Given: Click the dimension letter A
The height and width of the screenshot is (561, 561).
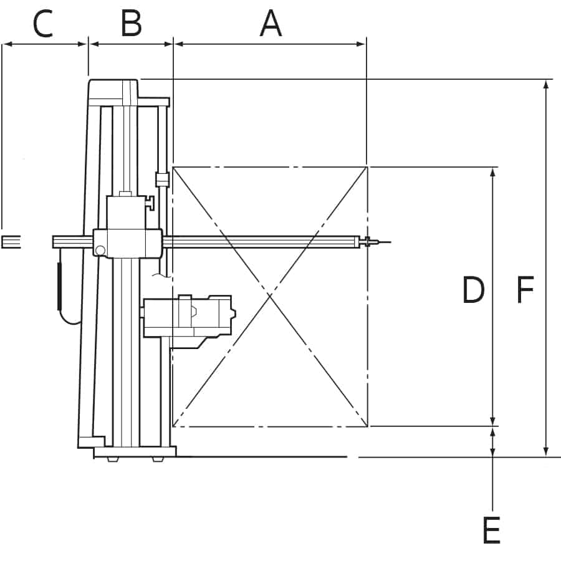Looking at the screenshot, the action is tap(271, 24).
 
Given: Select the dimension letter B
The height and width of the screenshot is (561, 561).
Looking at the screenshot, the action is tap(132, 24).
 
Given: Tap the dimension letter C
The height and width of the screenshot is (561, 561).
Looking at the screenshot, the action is tap(43, 24).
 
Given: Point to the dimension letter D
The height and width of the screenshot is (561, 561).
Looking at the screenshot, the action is tap(473, 289).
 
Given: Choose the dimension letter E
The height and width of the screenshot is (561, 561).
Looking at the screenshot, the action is tap(492, 530).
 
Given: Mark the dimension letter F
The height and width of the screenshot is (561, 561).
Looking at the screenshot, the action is tap(525, 289).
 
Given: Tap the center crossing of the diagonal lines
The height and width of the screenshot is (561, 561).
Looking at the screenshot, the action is tap(270, 295).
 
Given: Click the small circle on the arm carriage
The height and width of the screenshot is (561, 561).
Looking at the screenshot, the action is tap(100, 251).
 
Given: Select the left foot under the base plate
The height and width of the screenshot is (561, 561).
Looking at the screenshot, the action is tap(113, 459).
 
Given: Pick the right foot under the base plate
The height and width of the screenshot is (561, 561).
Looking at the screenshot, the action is tap(158, 459).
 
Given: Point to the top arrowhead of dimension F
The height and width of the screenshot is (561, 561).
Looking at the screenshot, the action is tap(545, 84).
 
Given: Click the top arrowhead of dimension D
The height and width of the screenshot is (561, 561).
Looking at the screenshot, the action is tap(492, 172).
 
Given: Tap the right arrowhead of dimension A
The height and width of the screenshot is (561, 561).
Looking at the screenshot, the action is tap(361, 44).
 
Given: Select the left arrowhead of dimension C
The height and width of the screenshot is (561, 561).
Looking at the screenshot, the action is tap(7, 44).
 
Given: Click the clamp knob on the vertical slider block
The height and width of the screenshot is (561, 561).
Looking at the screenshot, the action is tap(150, 203).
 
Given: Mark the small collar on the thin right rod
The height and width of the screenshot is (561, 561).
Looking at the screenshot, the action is tap(162, 180).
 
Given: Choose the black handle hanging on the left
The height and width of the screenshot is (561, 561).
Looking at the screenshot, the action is tap(59, 286).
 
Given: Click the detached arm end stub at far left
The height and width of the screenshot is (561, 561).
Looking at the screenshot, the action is tap(11, 242).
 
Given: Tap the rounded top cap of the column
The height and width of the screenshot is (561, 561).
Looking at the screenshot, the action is tap(113, 89).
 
